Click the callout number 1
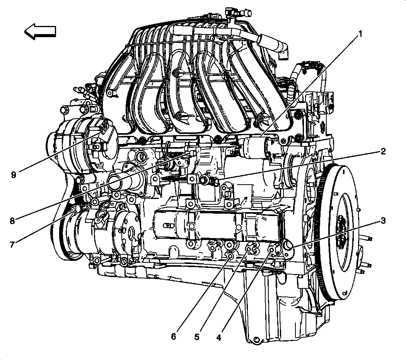(360, 34)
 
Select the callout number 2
(383, 151)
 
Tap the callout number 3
(383, 221)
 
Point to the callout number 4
(219, 337)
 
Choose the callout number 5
(197, 337)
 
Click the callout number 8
(12, 221)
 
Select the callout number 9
(14, 175)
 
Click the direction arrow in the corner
(40, 32)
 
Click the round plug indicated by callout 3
(287, 245)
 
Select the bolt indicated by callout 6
(230, 256)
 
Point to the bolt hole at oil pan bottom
(256, 341)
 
